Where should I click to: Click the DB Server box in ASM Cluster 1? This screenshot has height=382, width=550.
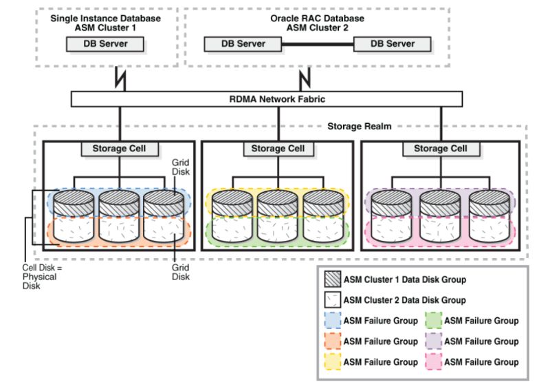click(x=107, y=44)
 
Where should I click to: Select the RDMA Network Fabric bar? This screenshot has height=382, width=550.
click(x=277, y=99)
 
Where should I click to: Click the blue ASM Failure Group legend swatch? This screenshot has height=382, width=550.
click(x=333, y=321)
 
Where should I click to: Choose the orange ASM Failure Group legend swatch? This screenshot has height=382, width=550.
click(x=333, y=341)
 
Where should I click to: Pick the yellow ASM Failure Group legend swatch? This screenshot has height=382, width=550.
click(x=333, y=362)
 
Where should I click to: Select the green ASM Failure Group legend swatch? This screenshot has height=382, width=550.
click(x=434, y=321)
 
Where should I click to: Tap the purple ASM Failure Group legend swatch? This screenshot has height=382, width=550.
click(x=434, y=341)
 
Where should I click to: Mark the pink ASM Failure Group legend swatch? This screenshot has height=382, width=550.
click(x=434, y=362)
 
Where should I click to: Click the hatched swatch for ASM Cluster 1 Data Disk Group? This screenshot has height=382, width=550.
click(x=333, y=279)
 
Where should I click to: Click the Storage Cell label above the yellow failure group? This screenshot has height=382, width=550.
click(x=277, y=149)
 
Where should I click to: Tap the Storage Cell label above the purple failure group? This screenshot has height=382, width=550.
click(x=440, y=149)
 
